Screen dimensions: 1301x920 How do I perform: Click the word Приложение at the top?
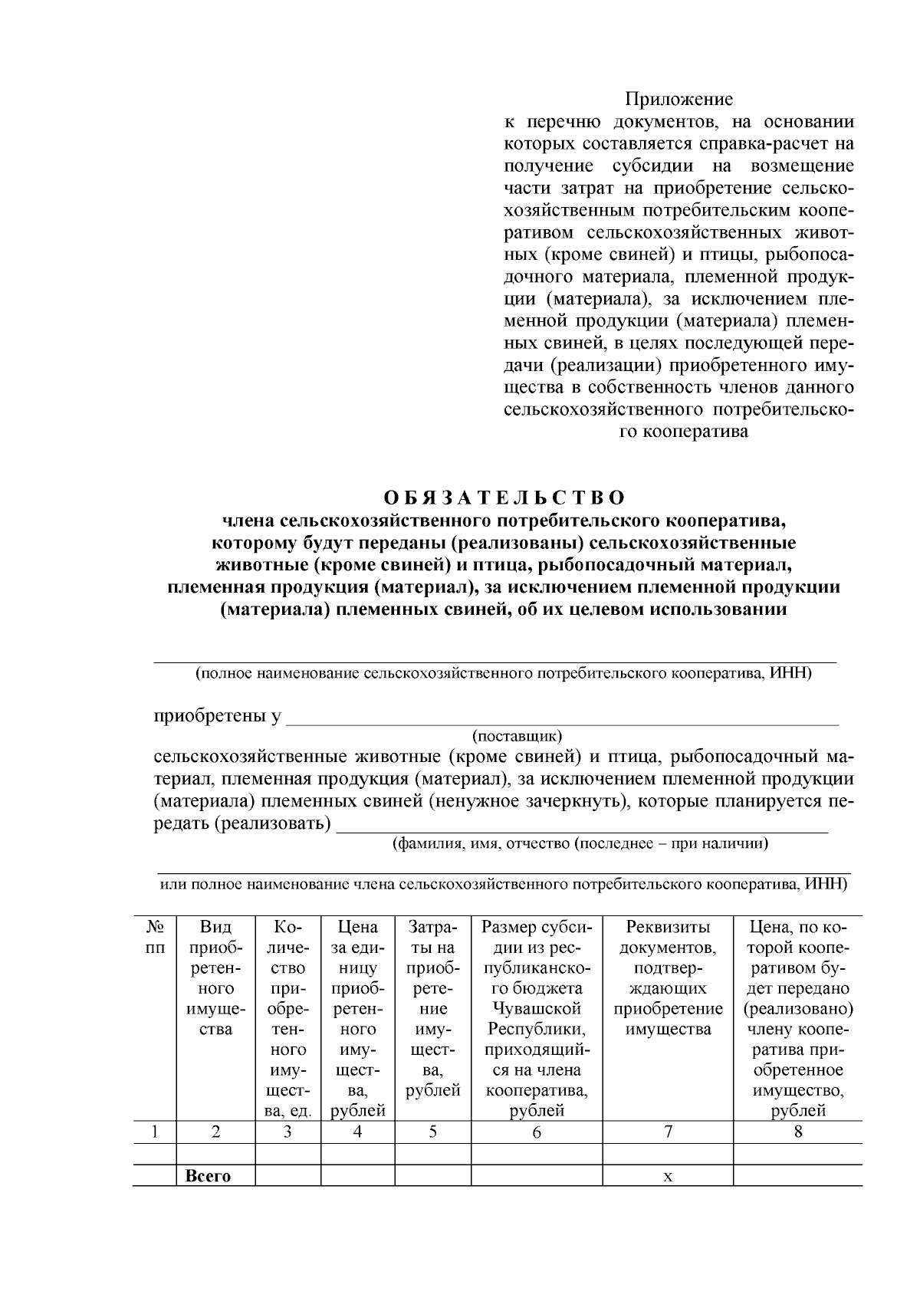(x=678, y=100)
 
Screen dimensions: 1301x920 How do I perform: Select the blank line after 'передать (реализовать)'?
(x=583, y=825)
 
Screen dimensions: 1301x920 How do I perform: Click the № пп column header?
(x=155, y=937)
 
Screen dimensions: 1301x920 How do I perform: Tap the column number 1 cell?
(x=155, y=1132)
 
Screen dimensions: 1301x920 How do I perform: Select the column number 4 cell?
(x=357, y=1132)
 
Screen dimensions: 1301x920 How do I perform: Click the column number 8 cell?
(x=798, y=1132)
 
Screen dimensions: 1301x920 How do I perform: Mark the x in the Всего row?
(x=668, y=1177)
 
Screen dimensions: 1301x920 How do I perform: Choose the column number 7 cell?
(x=668, y=1132)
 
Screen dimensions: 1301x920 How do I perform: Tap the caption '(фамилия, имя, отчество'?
(x=481, y=844)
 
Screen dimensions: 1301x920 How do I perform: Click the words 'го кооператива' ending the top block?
(x=684, y=432)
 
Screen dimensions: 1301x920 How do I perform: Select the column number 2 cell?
(x=215, y=1132)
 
